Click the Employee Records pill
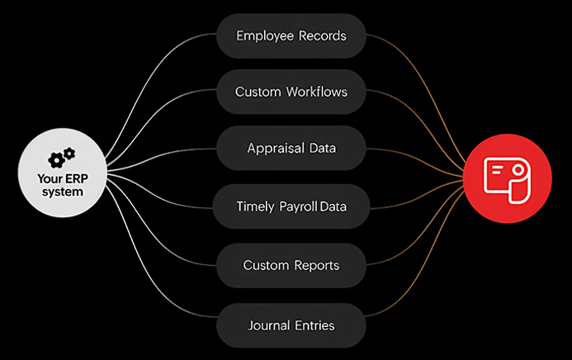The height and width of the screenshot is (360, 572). pyautogui.click(x=291, y=36)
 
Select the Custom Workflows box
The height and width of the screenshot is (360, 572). pyautogui.click(x=291, y=92)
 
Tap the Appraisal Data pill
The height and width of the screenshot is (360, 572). pyautogui.click(x=291, y=149)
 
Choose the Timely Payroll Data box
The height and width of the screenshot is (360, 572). pyautogui.click(x=291, y=206)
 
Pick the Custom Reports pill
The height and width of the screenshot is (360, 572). pyautogui.click(x=291, y=265)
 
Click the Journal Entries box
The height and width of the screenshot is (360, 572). pyautogui.click(x=291, y=324)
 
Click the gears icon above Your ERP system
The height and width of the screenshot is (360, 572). pyautogui.click(x=62, y=158)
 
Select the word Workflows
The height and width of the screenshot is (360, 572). pyautogui.click(x=318, y=92)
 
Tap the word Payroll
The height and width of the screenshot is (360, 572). pyautogui.click(x=296, y=206)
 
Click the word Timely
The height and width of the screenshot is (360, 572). pyautogui.click(x=255, y=206)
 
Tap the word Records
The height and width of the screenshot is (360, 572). pyautogui.click(x=322, y=36)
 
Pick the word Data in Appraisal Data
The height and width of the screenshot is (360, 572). pyautogui.click(x=321, y=149)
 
